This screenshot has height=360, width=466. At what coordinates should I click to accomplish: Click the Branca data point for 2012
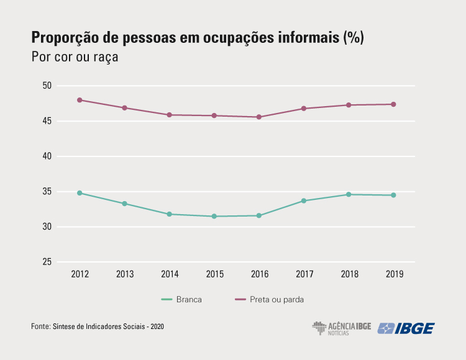[80, 193]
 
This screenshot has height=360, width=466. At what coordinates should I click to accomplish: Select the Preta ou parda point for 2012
[80, 100]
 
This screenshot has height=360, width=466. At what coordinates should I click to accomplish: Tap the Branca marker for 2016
[259, 216]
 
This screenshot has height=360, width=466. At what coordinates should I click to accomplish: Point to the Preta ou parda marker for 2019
[393, 104]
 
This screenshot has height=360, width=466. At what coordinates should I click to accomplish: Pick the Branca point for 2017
[304, 200]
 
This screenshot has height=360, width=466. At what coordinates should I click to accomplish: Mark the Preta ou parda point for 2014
[170, 115]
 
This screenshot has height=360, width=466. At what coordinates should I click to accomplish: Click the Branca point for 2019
[393, 195]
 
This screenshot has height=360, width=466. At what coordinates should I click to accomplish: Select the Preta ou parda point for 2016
[259, 117]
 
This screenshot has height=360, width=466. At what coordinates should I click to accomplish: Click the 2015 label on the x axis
[214, 274]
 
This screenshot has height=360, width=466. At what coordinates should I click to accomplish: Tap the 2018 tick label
[348, 274]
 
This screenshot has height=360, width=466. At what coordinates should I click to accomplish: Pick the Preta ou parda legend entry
[268, 299]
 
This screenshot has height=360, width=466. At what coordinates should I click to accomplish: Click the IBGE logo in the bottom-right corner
[406, 328]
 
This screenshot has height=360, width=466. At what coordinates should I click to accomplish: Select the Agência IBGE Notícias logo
[341, 328]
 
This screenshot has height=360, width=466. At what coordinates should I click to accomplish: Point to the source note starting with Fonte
[98, 326]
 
